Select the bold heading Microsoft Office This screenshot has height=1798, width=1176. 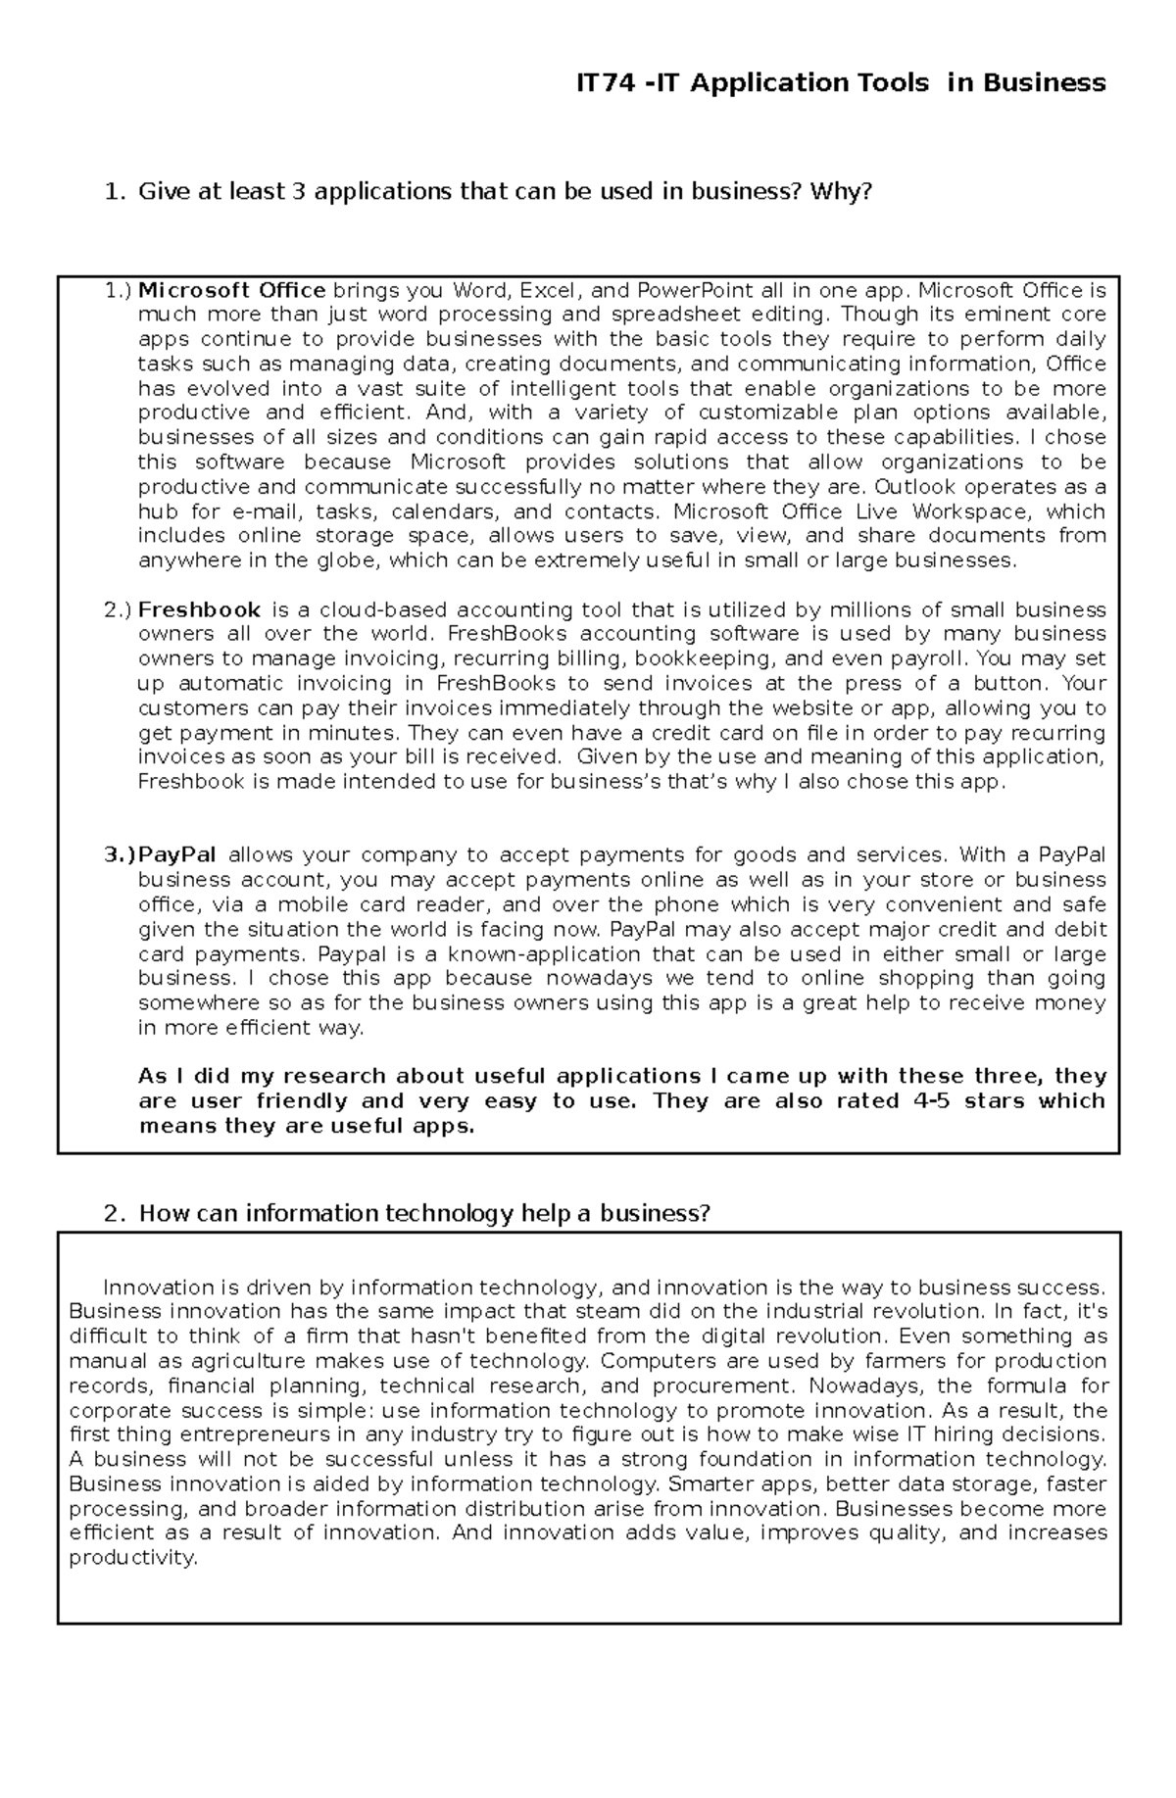click(231, 290)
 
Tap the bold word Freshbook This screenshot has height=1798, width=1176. click(199, 610)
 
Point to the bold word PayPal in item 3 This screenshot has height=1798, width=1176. click(177, 855)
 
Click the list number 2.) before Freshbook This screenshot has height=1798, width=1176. click(117, 610)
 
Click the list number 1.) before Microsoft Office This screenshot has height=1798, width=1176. click(117, 290)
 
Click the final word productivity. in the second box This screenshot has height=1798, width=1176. click(133, 1558)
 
